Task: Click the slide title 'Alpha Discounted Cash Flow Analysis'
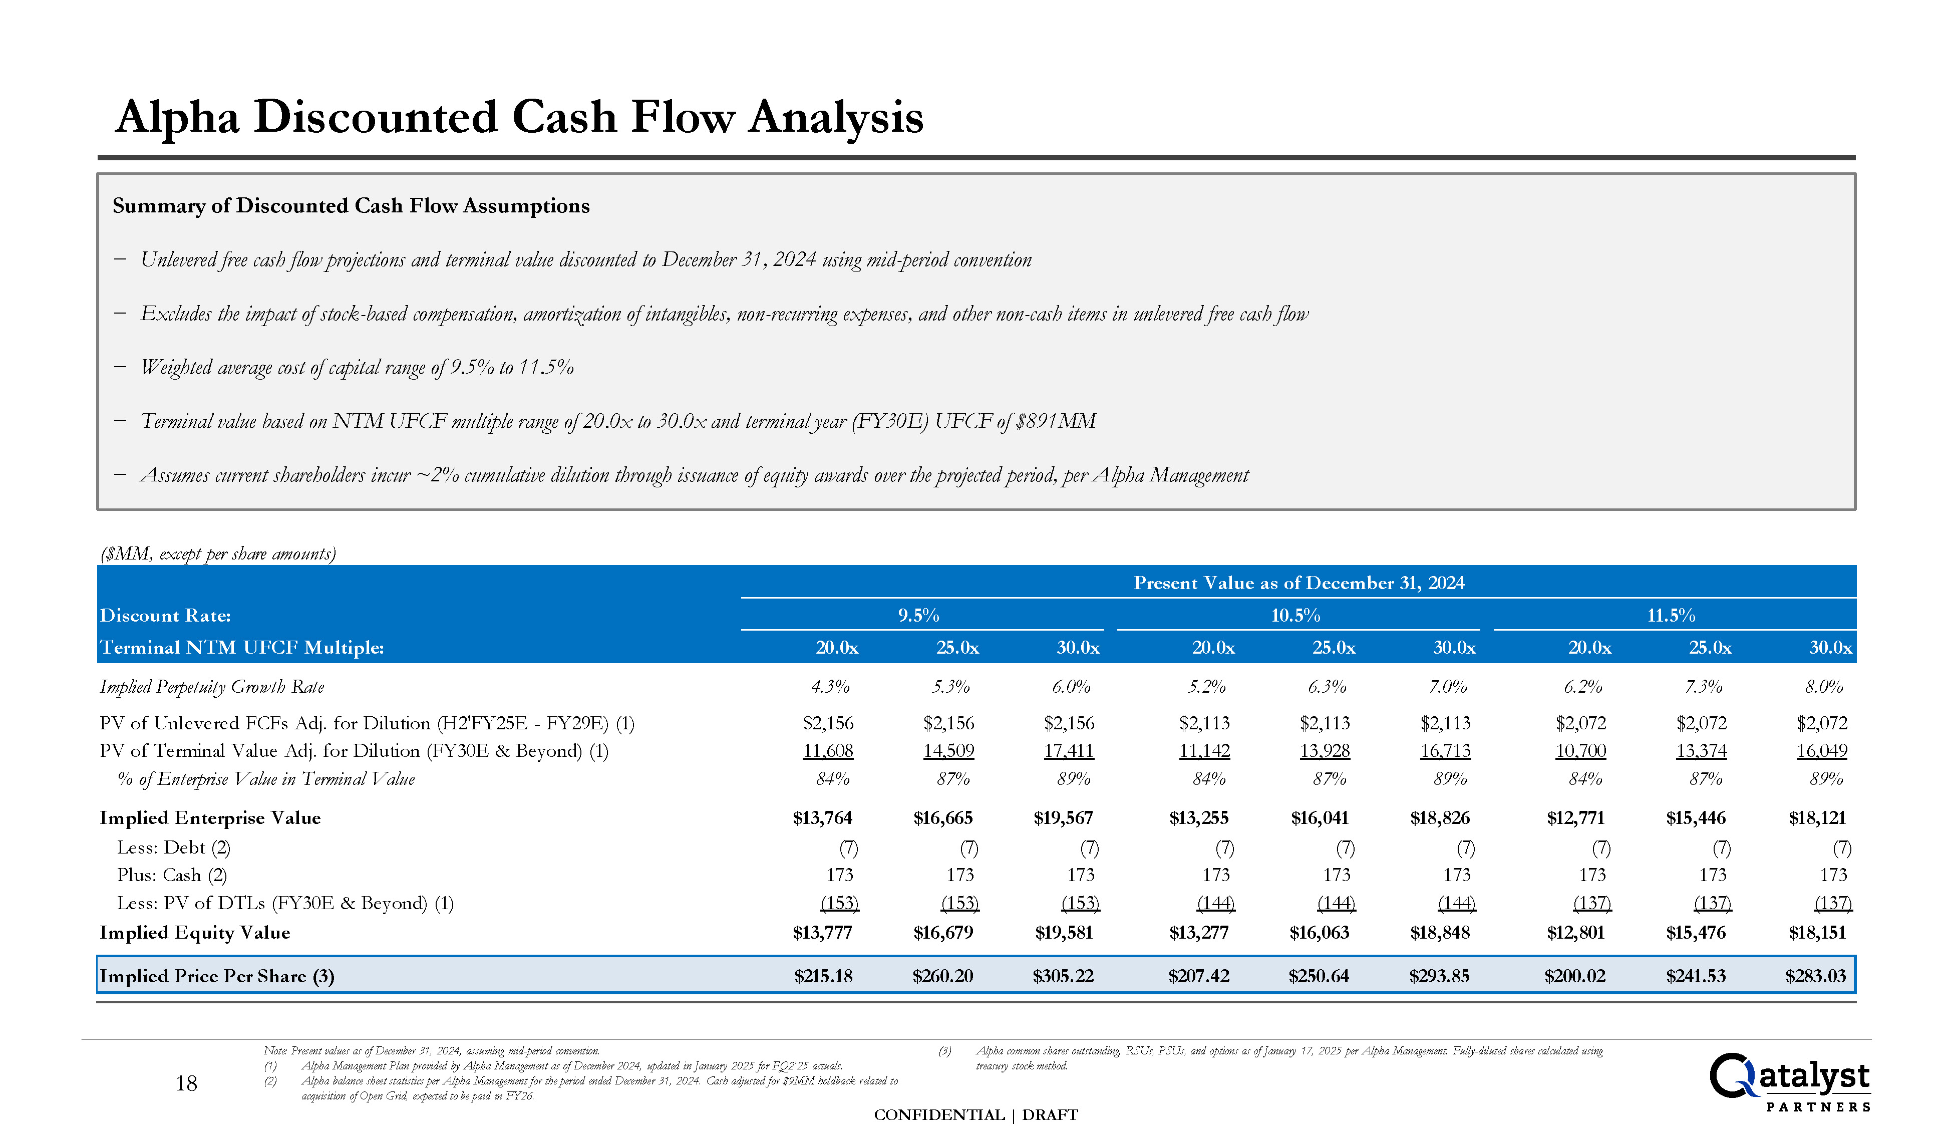[x=518, y=118]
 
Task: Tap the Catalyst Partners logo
[x=1788, y=1081]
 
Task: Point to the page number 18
[x=186, y=1083]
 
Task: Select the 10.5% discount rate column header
[x=1295, y=616]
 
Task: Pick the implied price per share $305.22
[x=1063, y=976]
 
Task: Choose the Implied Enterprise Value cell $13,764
[x=823, y=818]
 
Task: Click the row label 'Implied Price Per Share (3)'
[x=217, y=976]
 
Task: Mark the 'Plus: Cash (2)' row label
[x=172, y=876]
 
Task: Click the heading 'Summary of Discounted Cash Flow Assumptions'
[x=351, y=206]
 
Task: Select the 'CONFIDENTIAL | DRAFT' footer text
[x=975, y=1114]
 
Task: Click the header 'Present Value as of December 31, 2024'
[x=1298, y=583]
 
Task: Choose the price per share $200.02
[x=1574, y=976]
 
